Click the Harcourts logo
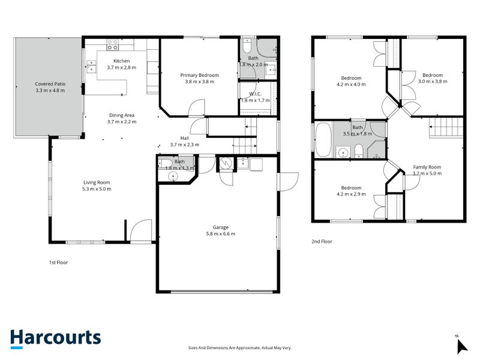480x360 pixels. point(55,338)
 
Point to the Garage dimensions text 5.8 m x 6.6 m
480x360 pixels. point(220,234)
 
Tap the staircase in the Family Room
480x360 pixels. point(446,127)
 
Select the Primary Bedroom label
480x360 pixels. point(200,75)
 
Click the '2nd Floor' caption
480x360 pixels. point(322,242)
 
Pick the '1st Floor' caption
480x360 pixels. point(58,262)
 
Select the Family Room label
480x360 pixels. point(427,167)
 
